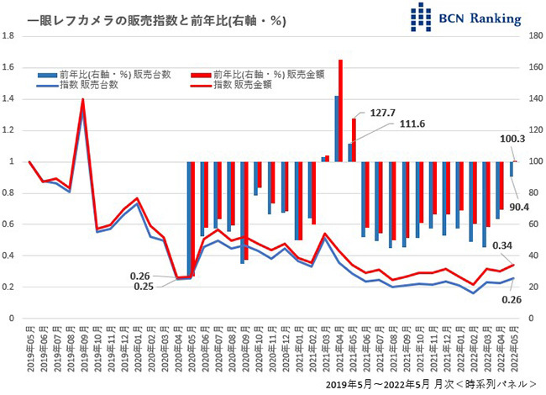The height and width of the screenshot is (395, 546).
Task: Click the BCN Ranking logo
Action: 465,18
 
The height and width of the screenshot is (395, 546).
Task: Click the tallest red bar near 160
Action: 340,109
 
